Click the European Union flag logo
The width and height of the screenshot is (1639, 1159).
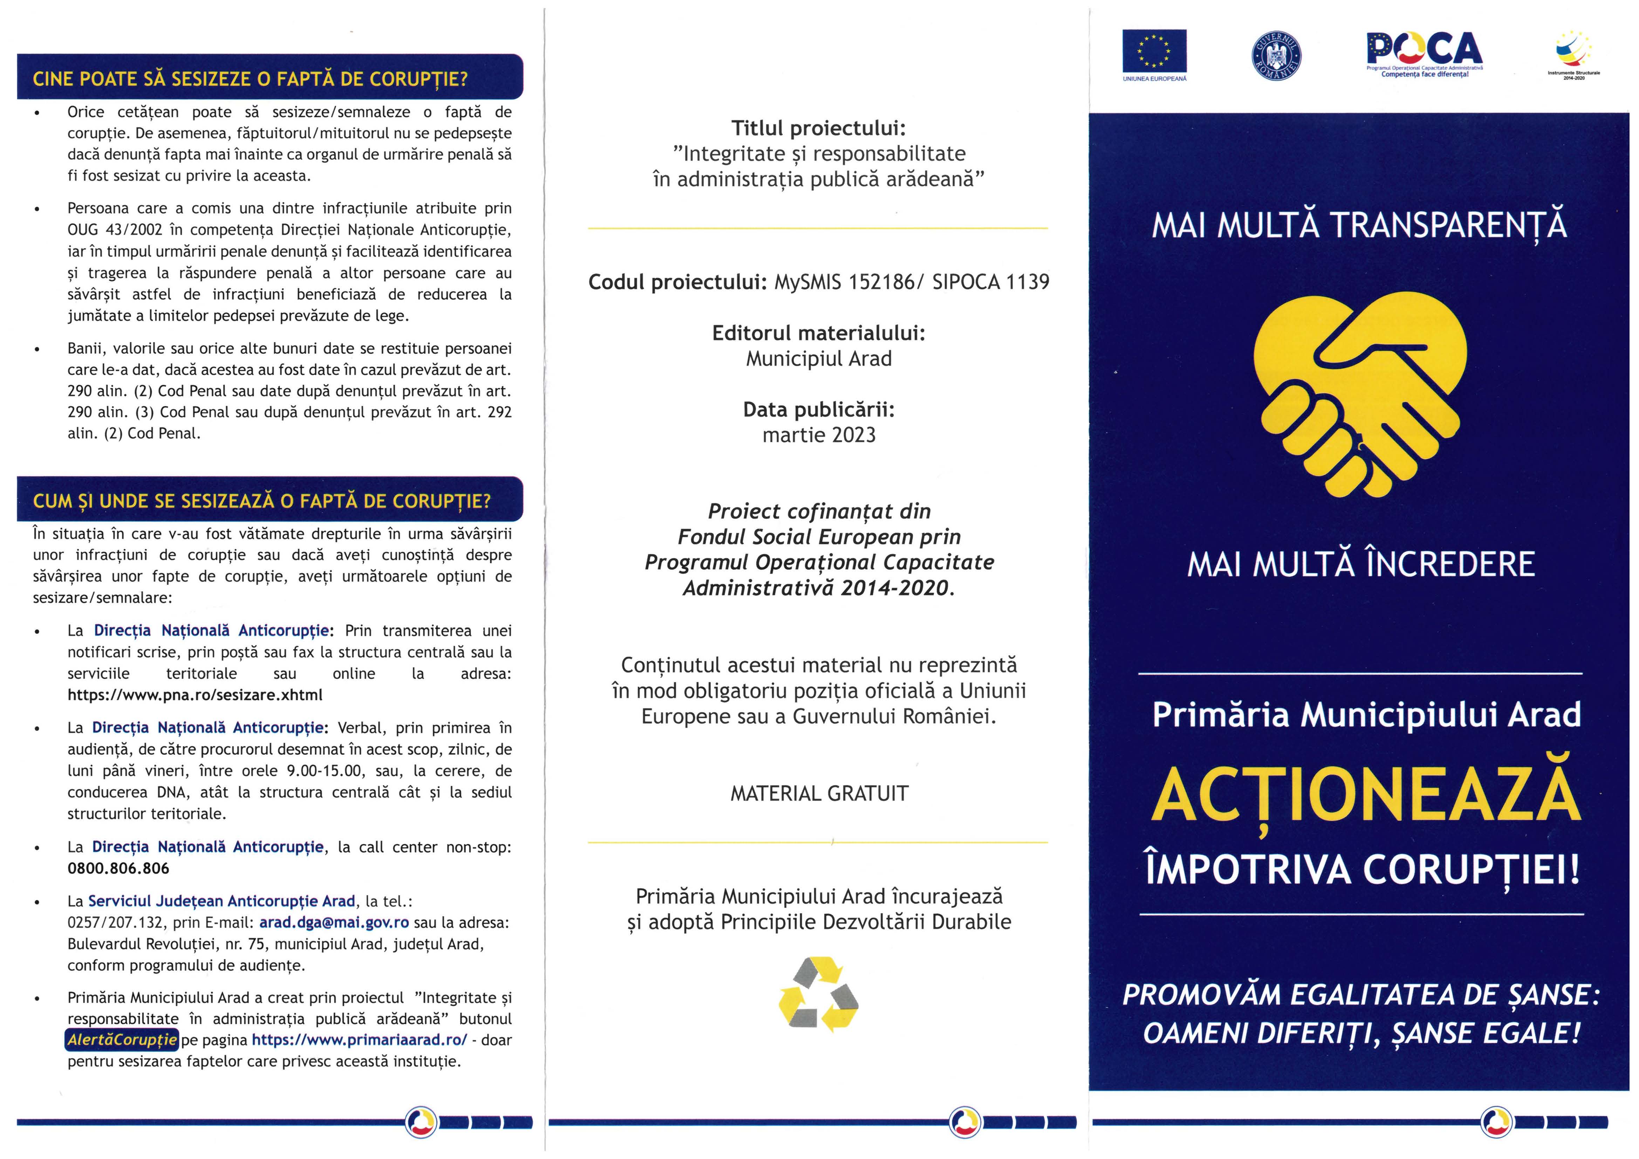point(1154,52)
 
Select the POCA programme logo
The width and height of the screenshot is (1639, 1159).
point(1424,52)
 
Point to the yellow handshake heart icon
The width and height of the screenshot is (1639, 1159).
point(1360,396)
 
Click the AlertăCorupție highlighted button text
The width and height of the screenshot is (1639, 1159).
point(121,1040)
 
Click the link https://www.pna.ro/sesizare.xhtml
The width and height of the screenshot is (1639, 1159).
point(195,695)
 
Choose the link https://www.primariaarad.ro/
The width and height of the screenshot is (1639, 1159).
point(359,1040)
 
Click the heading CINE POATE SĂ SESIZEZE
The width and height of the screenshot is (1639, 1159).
point(250,78)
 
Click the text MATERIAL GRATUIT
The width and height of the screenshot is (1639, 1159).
point(819,794)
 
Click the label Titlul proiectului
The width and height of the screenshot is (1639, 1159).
point(818,129)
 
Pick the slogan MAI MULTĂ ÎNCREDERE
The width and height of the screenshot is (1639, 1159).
point(1360,564)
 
